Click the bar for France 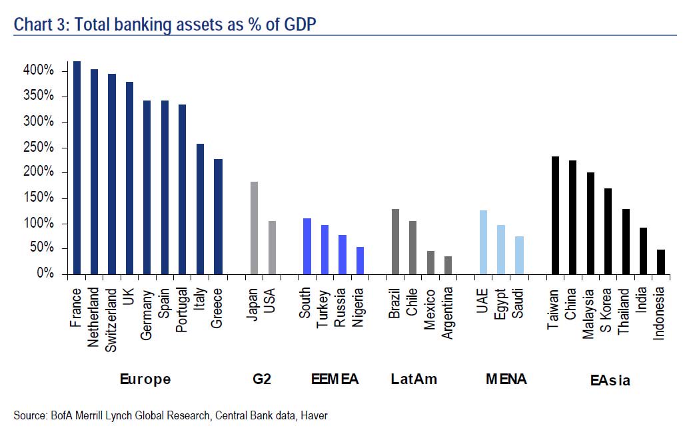coord(77,168)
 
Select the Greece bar coord(218,216)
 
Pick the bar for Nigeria coord(360,260)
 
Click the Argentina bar coord(448,265)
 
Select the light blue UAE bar coord(483,242)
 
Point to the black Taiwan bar coord(554,215)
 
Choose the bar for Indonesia coord(660,262)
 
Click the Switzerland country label coord(112,320)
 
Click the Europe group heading coord(145,379)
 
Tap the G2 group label coord(262,379)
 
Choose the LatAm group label coord(414,379)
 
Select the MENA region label coord(506,379)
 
